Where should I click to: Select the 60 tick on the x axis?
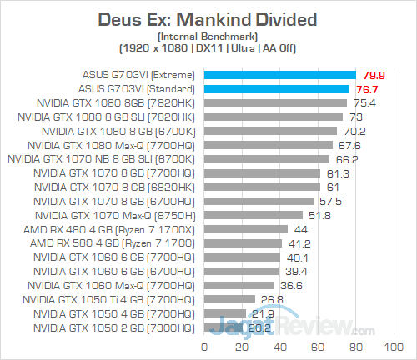point(318,345)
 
